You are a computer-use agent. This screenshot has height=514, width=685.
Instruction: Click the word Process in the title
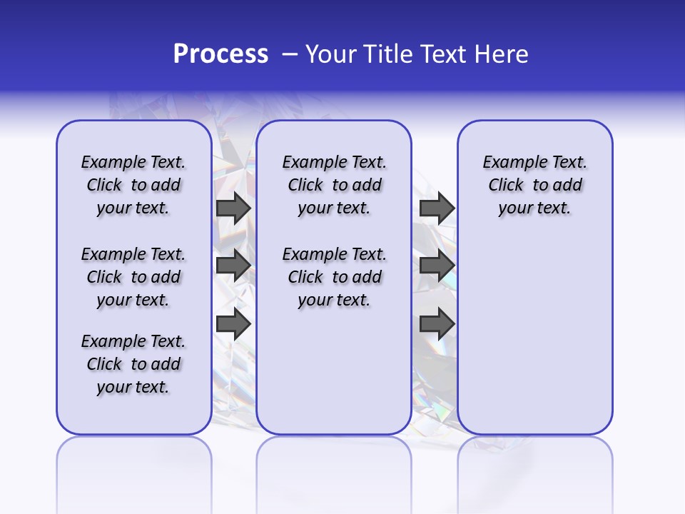tap(220, 54)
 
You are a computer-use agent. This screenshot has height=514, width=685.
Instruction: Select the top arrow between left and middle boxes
tap(233, 208)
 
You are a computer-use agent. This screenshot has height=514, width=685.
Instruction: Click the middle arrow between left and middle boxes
tap(233, 266)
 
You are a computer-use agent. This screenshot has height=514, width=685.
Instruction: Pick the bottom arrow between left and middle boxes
tap(233, 324)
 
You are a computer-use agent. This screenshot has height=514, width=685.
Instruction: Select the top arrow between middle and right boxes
tap(437, 208)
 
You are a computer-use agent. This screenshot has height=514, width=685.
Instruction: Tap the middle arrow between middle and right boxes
tap(437, 266)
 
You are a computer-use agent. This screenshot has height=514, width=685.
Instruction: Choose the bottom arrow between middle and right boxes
tap(437, 324)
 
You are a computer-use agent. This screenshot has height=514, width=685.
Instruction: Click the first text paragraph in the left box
tap(133, 185)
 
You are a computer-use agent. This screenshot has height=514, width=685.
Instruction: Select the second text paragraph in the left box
tap(133, 277)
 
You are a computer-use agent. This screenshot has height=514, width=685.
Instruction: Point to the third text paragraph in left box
tap(133, 364)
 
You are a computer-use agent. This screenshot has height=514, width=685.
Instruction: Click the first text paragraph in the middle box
tap(335, 185)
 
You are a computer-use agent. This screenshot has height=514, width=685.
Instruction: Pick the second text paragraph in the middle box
tap(335, 277)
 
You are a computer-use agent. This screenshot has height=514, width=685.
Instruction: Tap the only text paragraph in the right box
tap(535, 185)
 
